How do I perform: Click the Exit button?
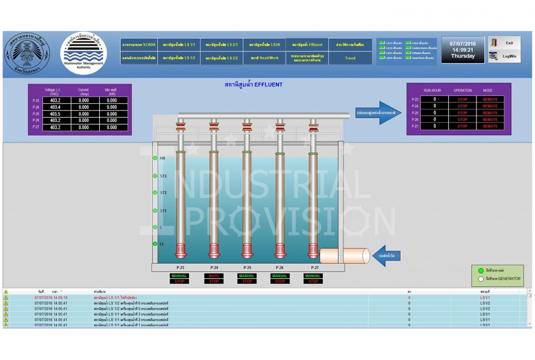(x=504, y=43)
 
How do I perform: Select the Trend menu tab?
(x=350, y=58)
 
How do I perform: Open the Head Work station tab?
(x=264, y=58)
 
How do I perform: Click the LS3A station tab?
(x=264, y=45)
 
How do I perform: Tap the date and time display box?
(x=463, y=50)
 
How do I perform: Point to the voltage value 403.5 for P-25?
(x=55, y=114)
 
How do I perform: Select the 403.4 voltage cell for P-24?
(x=55, y=107)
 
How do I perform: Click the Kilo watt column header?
(x=112, y=92)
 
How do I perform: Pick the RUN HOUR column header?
(x=432, y=90)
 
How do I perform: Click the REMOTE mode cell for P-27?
(x=490, y=126)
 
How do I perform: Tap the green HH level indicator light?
(x=155, y=158)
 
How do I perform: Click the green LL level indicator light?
(x=155, y=244)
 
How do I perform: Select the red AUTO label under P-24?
(x=214, y=276)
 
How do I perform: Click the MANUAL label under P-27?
(x=313, y=276)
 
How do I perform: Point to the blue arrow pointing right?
(x=378, y=113)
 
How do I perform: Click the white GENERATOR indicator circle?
(x=481, y=279)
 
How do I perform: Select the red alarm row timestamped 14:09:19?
(x=51, y=297)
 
